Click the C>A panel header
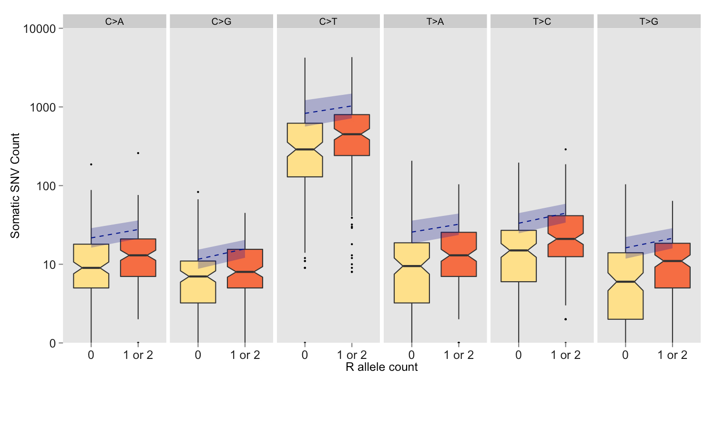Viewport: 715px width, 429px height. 114,21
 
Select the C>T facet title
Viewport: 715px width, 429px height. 328,21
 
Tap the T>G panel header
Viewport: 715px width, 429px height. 649,21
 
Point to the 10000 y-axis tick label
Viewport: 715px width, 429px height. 40,29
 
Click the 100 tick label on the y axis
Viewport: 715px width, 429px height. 46,186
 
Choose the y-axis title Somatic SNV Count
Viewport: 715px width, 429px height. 15,186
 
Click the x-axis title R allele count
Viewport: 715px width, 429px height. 381,367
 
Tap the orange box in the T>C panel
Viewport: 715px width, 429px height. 566,238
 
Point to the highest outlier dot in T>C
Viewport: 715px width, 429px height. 566,149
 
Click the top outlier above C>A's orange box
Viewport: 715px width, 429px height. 138,153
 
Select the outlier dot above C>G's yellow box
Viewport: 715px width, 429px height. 198,192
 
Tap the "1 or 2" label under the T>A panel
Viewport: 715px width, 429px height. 459,355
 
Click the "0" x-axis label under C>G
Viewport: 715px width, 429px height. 198,355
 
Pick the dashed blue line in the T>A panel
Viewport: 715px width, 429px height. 435,228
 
